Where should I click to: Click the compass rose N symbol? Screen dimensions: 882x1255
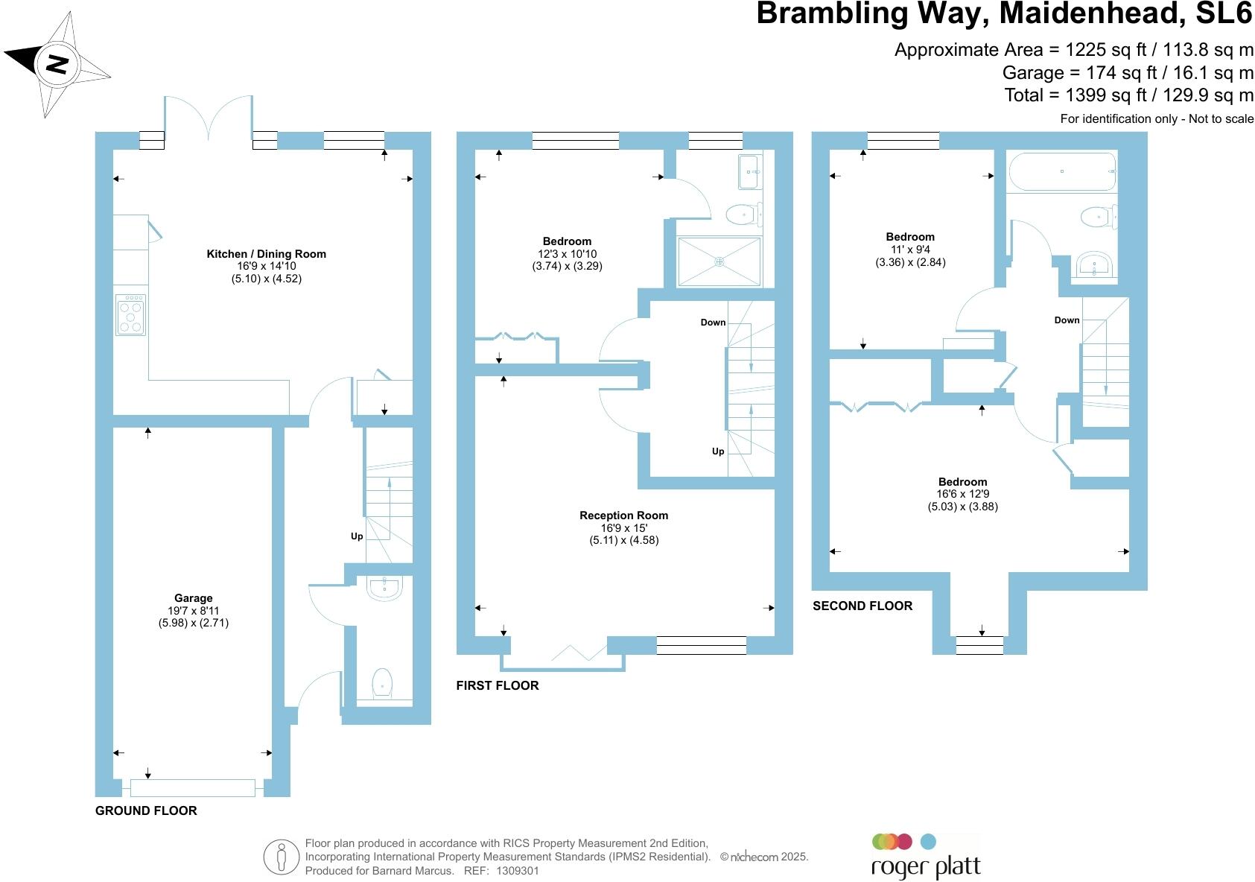[x=57, y=64]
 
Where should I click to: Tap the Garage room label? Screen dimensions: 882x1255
[x=193, y=598]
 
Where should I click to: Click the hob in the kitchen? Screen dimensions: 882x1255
[x=130, y=314]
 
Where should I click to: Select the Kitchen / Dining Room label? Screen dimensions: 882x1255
[x=266, y=254]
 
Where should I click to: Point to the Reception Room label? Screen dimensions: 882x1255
[x=623, y=515]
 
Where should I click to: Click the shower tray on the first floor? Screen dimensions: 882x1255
[x=719, y=261]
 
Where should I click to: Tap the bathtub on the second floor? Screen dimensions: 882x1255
[x=1061, y=172]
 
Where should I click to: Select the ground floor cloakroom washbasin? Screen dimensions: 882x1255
[x=384, y=588]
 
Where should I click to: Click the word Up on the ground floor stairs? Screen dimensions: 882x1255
[x=357, y=536]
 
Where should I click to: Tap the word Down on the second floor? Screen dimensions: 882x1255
[x=1067, y=320]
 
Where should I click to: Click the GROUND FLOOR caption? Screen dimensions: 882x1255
[x=146, y=810]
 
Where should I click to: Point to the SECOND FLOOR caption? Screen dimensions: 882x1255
[x=862, y=606]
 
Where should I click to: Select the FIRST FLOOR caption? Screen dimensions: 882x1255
[x=497, y=685]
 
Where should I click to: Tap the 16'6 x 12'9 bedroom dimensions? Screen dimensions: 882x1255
[x=962, y=494]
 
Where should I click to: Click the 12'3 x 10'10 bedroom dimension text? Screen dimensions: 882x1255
[x=567, y=254]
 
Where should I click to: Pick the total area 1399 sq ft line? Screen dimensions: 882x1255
[x=1128, y=95]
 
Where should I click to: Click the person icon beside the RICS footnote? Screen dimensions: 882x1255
[x=281, y=857]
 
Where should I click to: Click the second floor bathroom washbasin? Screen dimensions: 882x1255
[x=1094, y=265]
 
